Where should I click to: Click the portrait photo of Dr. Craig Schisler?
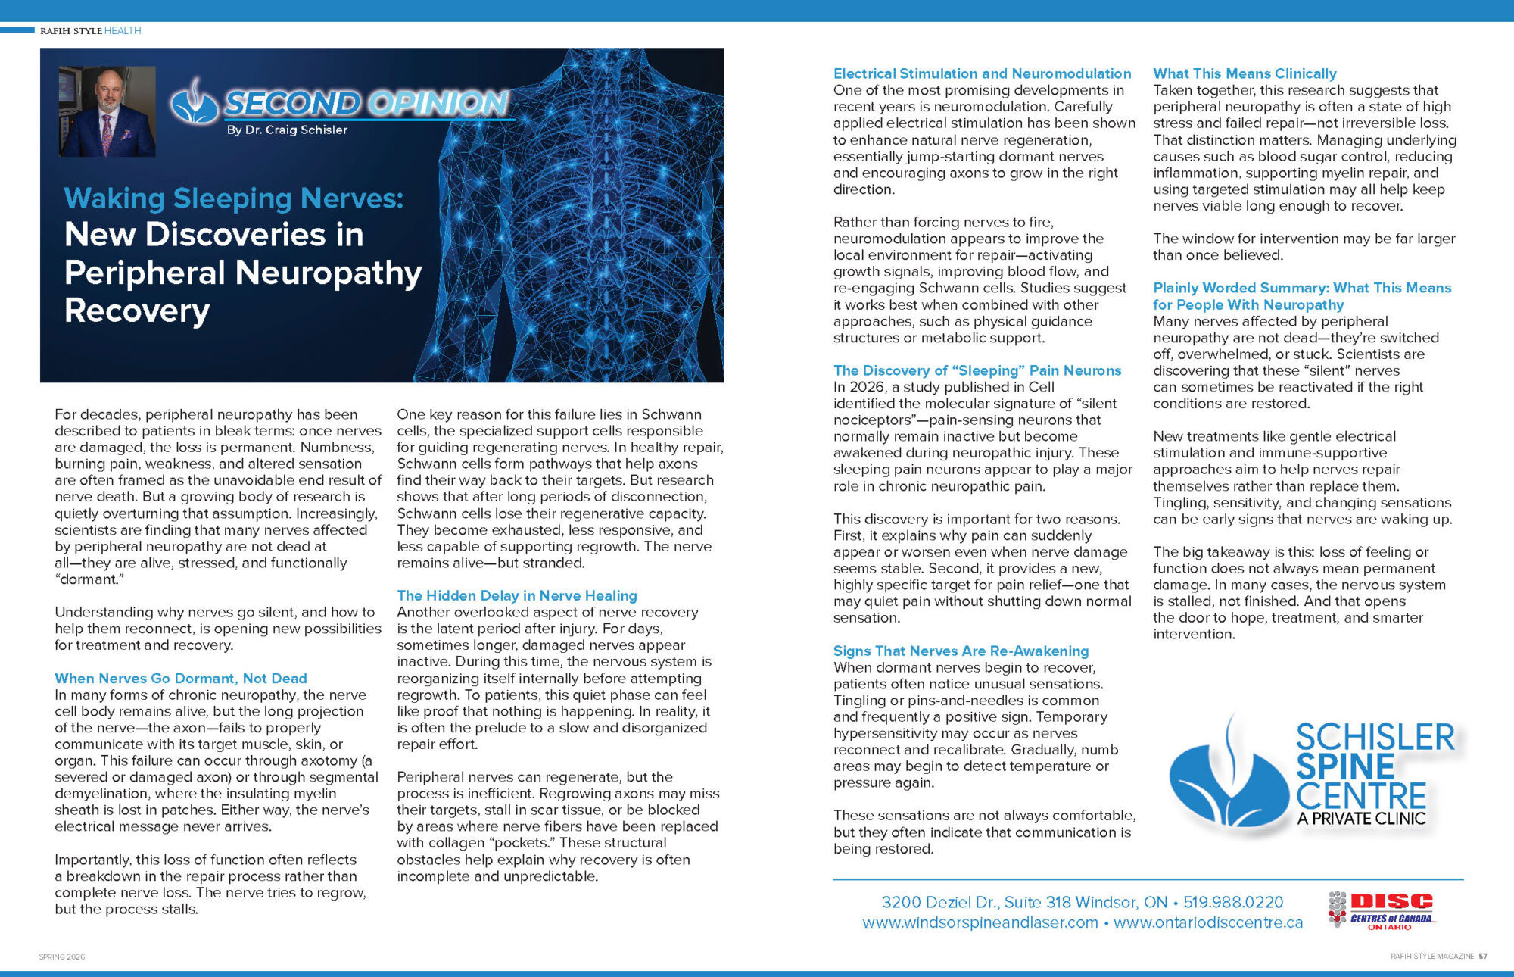point(107,111)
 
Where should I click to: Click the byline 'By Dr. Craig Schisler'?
point(287,130)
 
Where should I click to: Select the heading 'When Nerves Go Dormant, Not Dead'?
point(181,678)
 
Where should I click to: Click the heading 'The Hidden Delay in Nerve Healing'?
point(517,595)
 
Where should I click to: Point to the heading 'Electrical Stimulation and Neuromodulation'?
point(982,73)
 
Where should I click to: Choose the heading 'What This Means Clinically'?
point(1245,73)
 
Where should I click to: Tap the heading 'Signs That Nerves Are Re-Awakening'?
point(961,651)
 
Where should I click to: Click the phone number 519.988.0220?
point(1233,902)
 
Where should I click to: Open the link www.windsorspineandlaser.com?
point(980,922)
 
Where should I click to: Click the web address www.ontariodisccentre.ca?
point(1208,922)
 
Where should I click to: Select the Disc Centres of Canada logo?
point(1382,910)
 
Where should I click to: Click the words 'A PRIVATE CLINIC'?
point(1361,819)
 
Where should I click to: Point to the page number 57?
point(1483,957)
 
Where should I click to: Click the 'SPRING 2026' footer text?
point(62,957)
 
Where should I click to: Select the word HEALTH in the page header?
point(123,31)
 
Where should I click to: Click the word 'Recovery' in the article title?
point(137,311)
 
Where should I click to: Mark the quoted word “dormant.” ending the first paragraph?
point(89,579)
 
